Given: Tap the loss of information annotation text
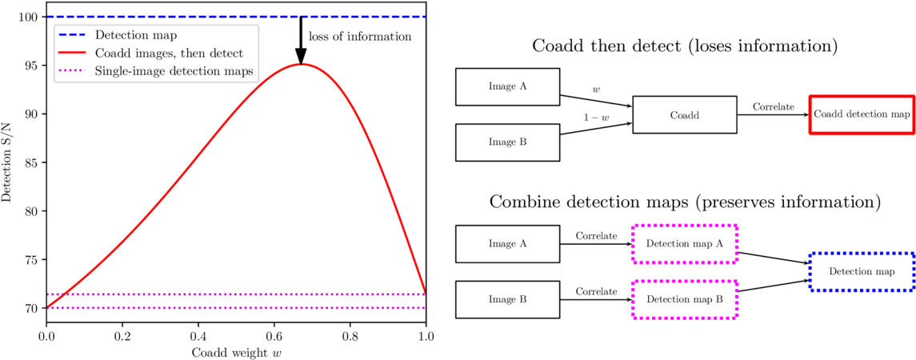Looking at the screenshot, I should click(359, 36).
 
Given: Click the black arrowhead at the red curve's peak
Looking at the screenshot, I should click(301, 56).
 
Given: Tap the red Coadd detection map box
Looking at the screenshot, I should click(862, 114).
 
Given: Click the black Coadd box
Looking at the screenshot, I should click(685, 114).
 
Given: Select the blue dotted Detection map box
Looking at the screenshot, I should click(862, 271).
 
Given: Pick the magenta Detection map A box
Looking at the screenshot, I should click(685, 243).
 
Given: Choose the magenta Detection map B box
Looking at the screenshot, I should click(685, 299).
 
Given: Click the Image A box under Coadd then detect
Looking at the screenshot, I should click(507, 86).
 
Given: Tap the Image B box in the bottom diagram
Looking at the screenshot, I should click(507, 299).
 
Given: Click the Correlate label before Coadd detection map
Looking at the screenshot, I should click(773, 106).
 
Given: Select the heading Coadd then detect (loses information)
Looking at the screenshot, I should click(685, 46).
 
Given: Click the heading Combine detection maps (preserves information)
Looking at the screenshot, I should click(685, 202).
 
